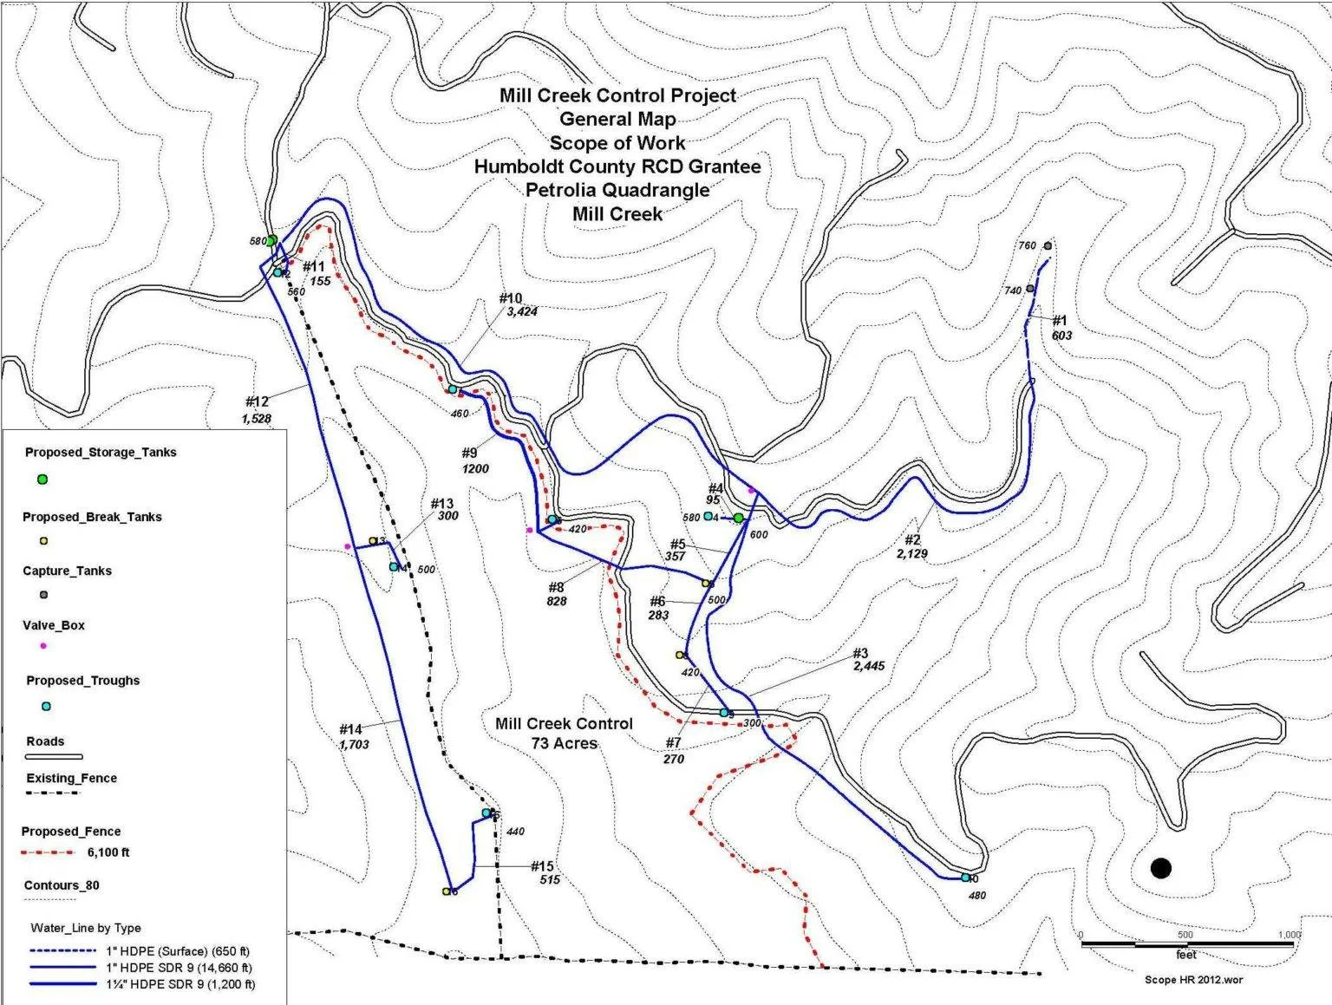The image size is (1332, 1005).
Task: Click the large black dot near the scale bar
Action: click(x=1160, y=868)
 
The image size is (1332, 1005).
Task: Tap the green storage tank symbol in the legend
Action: click(x=42, y=480)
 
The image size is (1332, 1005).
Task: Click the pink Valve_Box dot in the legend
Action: click(x=43, y=646)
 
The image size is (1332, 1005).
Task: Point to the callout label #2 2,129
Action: click(x=911, y=547)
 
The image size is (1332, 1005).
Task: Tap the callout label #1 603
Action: click(x=1061, y=328)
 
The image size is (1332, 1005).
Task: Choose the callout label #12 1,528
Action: click(x=257, y=410)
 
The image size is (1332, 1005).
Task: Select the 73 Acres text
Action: click(x=564, y=743)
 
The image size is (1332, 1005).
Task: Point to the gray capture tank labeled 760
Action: click(x=1048, y=245)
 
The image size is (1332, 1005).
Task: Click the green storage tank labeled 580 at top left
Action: click(x=271, y=240)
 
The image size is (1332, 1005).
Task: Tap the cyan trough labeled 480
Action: click(x=965, y=878)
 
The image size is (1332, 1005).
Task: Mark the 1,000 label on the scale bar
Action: click(x=1289, y=935)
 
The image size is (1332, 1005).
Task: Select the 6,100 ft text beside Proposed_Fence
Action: click(x=108, y=852)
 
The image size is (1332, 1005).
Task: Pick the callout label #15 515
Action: click(x=543, y=872)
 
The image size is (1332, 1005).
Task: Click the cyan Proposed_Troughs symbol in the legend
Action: click(x=47, y=707)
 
